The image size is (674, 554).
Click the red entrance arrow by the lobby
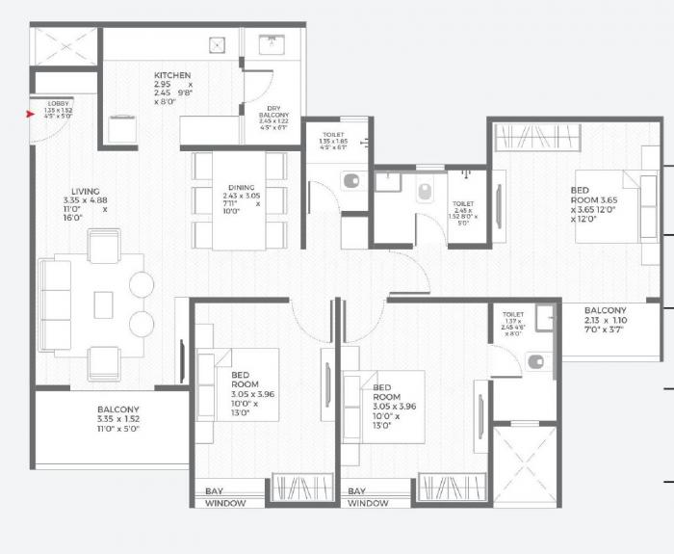[31, 114]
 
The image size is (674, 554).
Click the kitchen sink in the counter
[219, 44]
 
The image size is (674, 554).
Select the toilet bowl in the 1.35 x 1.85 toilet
[351, 180]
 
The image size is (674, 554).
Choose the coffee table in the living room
[103, 304]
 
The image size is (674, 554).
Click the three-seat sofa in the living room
[55, 303]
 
